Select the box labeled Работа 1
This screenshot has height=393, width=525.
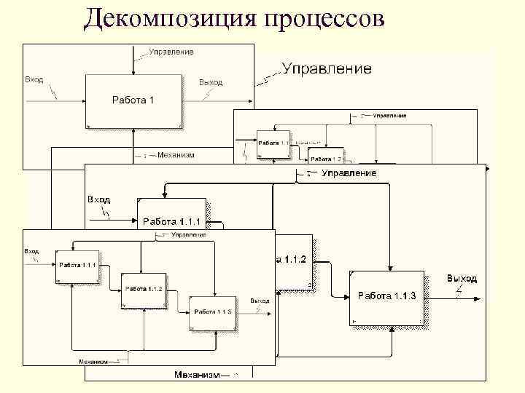pyautogui.click(x=132, y=100)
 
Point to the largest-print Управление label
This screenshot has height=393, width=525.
pyautogui.click(x=327, y=69)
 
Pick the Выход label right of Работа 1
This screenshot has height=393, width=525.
pyautogui.click(x=211, y=82)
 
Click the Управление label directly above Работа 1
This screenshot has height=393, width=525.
pyautogui.click(x=171, y=52)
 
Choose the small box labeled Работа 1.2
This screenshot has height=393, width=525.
pyautogui.click(x=325, y=155)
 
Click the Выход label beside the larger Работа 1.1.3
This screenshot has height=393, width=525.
pyautogui.click(x=462, y=279)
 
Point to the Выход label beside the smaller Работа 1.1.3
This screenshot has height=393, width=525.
pyautogui.click(x=260, y=301)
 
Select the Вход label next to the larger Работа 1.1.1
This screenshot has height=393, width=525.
pyautogui.click(x=98, y=199)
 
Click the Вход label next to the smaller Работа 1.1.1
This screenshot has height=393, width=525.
pyautogui.click(x=32, y=251)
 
